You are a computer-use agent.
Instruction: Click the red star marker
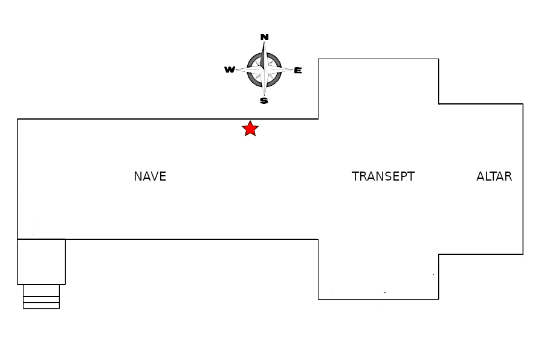(x=250, y=129)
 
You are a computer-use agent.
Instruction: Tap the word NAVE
(x=150, y=176)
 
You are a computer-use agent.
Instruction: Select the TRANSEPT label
(x=383, y=176)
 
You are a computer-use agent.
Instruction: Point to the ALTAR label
(x=494, y=176)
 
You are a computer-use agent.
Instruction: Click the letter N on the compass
(x=264, y=37)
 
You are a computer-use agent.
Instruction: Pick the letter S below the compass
(x=264, y=101)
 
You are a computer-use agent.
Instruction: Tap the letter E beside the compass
(x=297, y=71)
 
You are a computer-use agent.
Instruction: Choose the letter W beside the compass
(x=230, y=70)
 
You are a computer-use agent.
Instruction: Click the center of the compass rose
(x=264, y=69)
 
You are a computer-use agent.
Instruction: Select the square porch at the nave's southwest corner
(x=41, y=262)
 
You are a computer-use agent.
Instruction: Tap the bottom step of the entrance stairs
(x=41, y=306)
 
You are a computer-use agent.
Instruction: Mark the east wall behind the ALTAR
(x=523, y=179)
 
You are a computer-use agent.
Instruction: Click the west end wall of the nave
(x=18, y=179)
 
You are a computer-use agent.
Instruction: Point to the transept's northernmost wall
(x=378, y=59)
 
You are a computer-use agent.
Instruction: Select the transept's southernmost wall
(x=378, y=299)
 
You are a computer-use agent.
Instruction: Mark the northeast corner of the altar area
(x=523, y=104)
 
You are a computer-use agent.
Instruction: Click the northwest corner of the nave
(x=18, y=119)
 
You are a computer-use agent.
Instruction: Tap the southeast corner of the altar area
(x=523, y=254)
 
